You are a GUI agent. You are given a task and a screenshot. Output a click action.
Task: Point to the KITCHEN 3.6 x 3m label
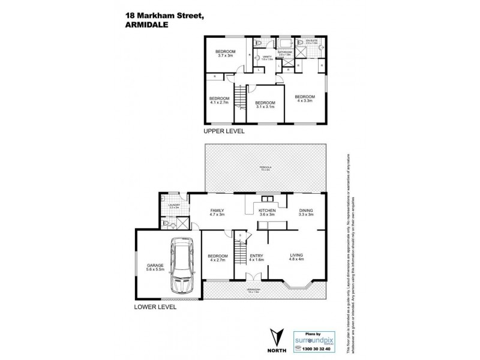click(x=266, y=213)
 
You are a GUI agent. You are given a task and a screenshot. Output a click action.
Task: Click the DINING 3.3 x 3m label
click(x=306, y=213)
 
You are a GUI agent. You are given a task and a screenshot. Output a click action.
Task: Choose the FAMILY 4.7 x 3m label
click(x=217, y=213)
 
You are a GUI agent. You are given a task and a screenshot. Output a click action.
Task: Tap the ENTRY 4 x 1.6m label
click(x=257, y=259)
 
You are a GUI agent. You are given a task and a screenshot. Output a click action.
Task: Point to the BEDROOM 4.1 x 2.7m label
click(x=219, y=100)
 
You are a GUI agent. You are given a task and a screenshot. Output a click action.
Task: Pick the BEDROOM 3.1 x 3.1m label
click(x=265, y=105)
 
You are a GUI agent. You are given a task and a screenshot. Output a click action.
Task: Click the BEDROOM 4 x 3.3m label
click(x=304, y=98)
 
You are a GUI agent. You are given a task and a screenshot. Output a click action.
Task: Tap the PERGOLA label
click(x=265, y=169)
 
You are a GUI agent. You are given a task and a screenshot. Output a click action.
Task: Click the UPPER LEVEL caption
click(x=223, y=131)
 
